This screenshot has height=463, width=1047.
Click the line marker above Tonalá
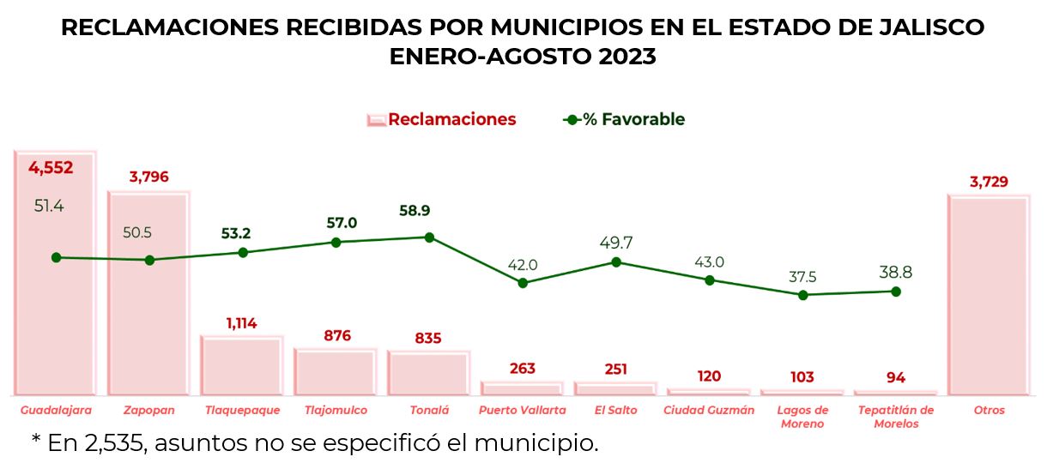[429, 238]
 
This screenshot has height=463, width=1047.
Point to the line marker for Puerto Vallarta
[523, 283]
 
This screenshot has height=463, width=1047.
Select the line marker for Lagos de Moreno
[803, 295]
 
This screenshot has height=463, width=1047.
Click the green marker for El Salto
[616, 262]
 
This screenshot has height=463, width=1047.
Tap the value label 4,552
[51, 168]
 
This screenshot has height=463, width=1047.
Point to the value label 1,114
[242, 323]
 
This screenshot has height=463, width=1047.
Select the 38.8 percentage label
[895, 273]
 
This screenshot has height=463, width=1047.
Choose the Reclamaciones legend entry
[442, 120]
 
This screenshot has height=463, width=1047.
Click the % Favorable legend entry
[624, 120]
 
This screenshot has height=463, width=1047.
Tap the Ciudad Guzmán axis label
[709, 411]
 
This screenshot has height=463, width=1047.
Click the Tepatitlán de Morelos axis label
[895, 417]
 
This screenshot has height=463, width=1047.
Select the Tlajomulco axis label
[336, 411]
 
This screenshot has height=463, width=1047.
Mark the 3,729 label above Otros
[988, 182]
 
